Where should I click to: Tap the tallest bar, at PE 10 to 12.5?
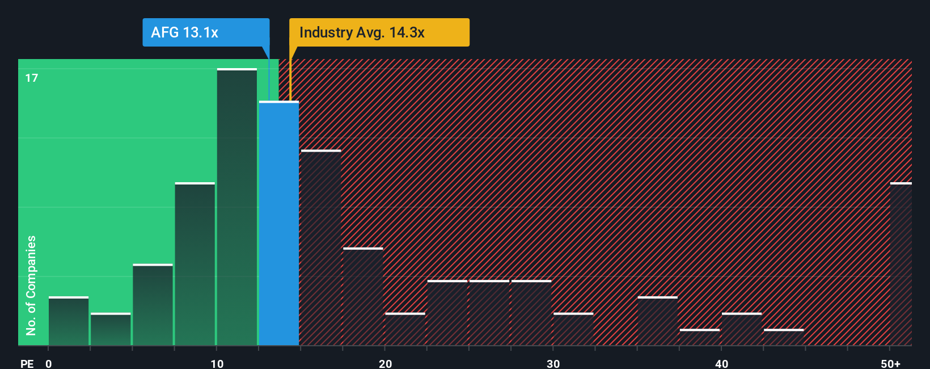tap(237, 207)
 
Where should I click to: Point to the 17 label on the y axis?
tap(32, 78)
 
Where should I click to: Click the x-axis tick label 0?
tap(49, 363)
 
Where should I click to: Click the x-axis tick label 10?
tap(217, 363)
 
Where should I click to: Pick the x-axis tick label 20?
tap(386, 363)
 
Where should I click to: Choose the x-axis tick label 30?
tap(553, 363)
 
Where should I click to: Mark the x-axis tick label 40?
tap(721, 363)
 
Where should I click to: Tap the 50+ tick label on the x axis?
tap(891, 363)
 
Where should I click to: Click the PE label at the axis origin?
tap(27, 363)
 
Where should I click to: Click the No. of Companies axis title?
tap(31, 285)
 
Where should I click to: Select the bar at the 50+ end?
tap(901, 264)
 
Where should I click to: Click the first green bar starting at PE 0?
tap(69, 321)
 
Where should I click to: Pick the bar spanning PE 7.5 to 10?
tap(195, 264)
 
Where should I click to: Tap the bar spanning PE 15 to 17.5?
tap(321, 248)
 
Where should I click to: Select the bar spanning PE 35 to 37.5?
tap(657, 321)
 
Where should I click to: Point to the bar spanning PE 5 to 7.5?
tap(153, 305)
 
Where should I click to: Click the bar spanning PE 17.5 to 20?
tap(363, 296)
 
